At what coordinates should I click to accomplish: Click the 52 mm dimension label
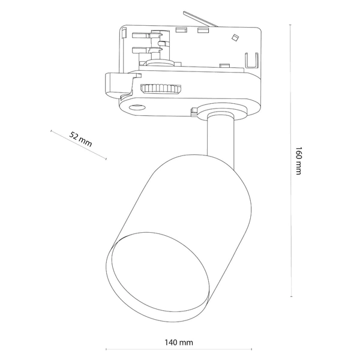coord(80,139)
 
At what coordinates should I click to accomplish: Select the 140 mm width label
coord(178,343)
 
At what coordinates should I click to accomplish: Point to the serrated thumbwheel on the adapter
coord(160,89)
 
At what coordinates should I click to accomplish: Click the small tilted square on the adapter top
coord(234,38)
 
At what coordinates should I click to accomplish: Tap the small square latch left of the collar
coord(194,110)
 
